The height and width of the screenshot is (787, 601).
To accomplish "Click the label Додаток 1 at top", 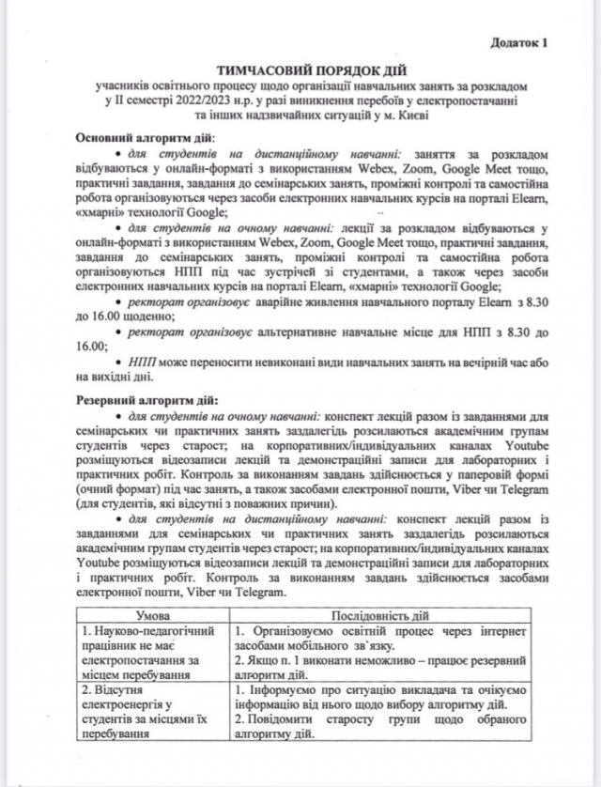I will tap(517, 42).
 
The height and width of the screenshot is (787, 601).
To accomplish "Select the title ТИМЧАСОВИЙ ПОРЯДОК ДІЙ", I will tap(299, 70).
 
